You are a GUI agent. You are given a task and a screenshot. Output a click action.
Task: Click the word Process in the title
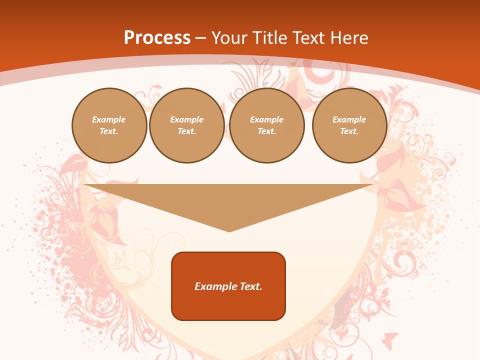coord(157,38)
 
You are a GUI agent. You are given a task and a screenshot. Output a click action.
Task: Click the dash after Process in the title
coord(200,38)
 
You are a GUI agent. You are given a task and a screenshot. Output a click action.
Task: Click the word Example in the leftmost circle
coord(109,119)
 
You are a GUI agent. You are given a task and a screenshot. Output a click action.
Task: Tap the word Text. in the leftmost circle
coord(109,131)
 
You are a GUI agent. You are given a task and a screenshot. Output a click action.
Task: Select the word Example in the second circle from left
coord(186,119)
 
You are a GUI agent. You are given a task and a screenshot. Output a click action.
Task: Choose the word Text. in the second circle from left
coord(186,131)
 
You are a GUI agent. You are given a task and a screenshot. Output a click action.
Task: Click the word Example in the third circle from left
coord(266,119)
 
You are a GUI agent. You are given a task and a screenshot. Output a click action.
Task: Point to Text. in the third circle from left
coord(266,131)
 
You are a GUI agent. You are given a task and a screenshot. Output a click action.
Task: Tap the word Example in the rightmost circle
coord(349,119)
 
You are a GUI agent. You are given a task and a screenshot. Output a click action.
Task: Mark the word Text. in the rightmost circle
coord(349,131)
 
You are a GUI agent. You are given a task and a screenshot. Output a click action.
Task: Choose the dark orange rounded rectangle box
coord(228,305)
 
